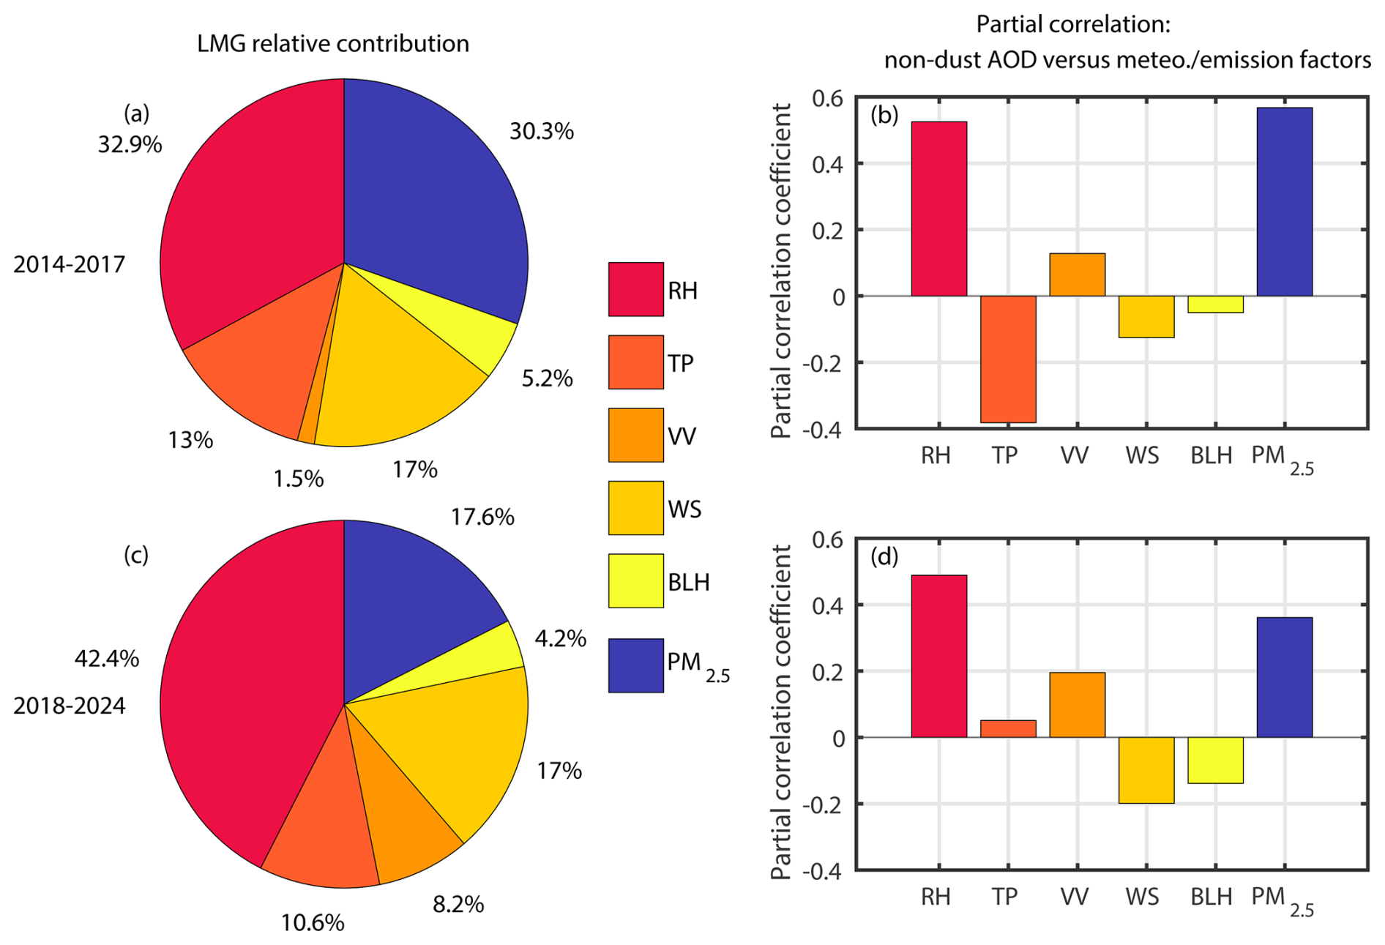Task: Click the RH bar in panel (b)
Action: click(x=938, y=209)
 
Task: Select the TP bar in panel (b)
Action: click(x=1008, y=359)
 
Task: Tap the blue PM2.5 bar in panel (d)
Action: click(x=1284, y=677)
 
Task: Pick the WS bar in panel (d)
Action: click(x=1146, y=770)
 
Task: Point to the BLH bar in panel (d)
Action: click(x=1215, y=760)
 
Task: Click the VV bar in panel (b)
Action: click(x=1077, y=274)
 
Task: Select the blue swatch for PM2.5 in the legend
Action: click(x=635, y=665)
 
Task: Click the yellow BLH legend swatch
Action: click(x=635, y=580)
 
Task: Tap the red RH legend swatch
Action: click(x=635, y=289)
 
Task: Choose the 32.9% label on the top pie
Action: click(x=130, y=144)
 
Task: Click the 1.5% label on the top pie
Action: click(x=298, y=479)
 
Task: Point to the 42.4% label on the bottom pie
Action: click(x=107, y=659)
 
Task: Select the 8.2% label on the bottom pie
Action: click(x=458, y=905)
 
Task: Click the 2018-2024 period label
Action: click(x=70, y=706)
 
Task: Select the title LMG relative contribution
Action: click(x=333, y=44)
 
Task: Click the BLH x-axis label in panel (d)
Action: click(x=1211, y=897)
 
